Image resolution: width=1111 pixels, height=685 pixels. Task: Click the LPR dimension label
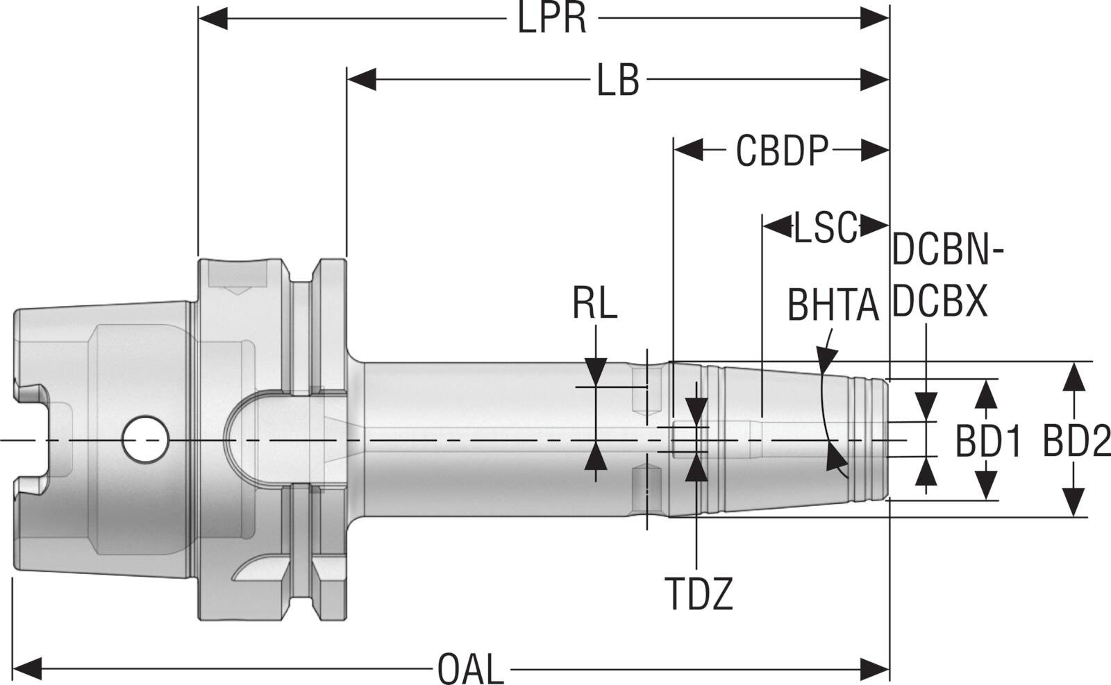pos(552,19)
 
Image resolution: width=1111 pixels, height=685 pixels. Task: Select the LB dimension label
pos(618,81)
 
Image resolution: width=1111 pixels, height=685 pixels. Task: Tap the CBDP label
pos(783,151)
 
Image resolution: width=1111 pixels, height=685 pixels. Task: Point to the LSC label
pos(826,228)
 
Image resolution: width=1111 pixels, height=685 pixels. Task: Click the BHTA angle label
pos(833,305)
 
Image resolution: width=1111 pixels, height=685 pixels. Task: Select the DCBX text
pos(939,301)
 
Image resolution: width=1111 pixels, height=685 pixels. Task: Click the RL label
pos(595,304)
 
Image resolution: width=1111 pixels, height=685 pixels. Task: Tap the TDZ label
pos(699,594)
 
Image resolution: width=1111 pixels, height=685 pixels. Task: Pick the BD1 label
pos(989,441)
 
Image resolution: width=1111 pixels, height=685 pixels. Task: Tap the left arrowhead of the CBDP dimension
pos(688,149)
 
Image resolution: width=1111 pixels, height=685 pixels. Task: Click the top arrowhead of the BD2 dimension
pos(1074,375)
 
